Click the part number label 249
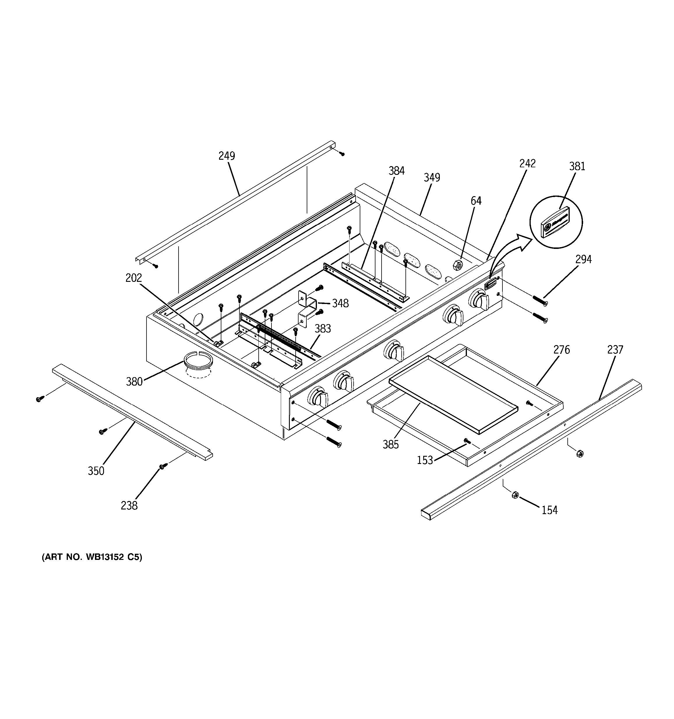coord(227,156)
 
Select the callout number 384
coord(396,171)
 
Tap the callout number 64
coord(476,201)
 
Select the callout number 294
coord(583,259)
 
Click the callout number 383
coord(322,328)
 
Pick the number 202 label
coord(134,278)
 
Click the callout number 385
coord(391,444)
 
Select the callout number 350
coord(96,471)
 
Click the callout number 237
coord(615,350)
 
